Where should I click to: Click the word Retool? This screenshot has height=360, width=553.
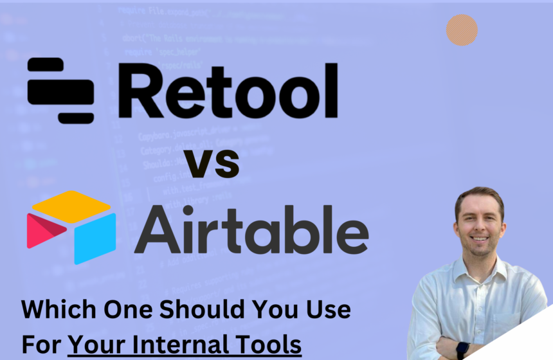point(228,91)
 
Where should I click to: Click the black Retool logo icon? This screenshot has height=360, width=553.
point(60,91)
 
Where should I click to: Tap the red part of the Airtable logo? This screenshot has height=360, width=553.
point(41,231)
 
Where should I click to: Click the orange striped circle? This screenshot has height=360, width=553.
point(462,30)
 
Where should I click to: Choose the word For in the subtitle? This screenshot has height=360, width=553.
point(41,344)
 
